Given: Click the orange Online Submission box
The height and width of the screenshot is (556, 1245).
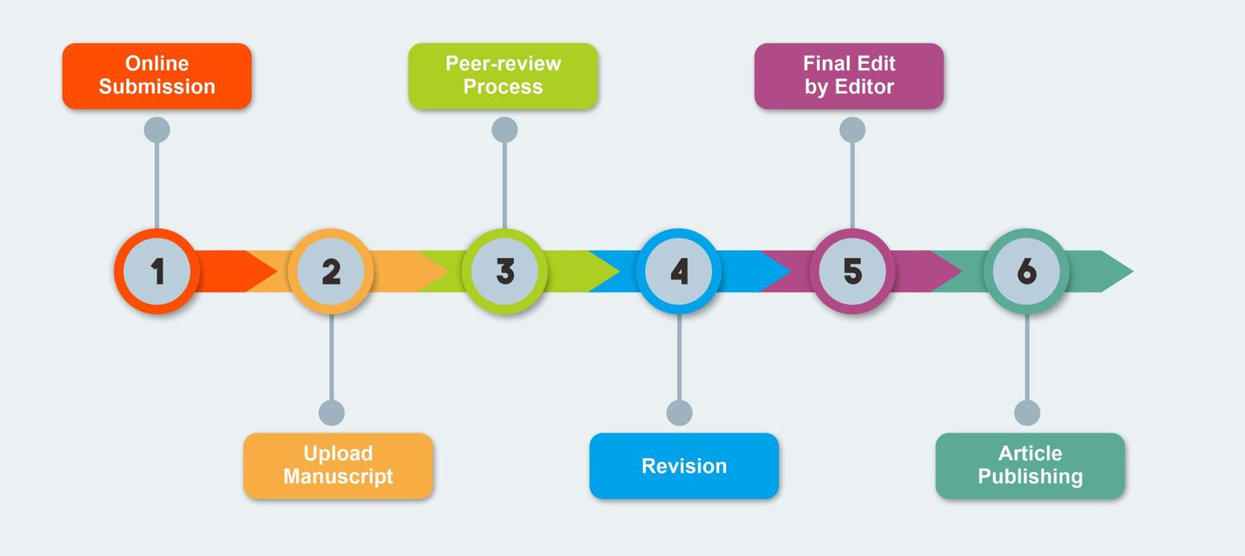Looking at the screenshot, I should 156,75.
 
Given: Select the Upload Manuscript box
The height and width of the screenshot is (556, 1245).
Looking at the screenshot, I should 338,465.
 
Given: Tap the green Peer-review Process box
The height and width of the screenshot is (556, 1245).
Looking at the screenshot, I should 503,75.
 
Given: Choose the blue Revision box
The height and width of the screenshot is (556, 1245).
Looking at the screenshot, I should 683,465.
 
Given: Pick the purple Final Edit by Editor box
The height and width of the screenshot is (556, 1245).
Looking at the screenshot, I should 849,75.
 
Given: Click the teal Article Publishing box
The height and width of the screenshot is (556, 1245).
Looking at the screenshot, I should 1029,465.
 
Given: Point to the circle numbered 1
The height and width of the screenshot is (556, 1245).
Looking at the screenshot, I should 157,271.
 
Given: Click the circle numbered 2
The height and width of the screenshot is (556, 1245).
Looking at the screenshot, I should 331,271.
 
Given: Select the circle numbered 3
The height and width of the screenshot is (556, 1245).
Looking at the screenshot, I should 505,271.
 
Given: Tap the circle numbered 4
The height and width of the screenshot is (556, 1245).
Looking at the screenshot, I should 679,271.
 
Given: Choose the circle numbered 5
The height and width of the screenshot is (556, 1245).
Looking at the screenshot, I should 853,271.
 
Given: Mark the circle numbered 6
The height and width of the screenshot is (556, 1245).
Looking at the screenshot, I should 1026,271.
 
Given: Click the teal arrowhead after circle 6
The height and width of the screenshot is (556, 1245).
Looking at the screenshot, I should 1113,271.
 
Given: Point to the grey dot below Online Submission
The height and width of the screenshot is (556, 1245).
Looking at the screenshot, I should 157,130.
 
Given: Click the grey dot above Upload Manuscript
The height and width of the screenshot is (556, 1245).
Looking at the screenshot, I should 331,413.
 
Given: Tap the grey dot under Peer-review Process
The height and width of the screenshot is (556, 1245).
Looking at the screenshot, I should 505,130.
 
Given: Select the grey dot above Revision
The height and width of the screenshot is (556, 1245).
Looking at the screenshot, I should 679,413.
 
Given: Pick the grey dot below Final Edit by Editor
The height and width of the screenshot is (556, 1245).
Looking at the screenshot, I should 853,130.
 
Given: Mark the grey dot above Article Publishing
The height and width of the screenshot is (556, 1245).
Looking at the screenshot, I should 1027,413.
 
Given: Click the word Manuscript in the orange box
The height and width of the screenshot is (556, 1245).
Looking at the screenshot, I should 338,477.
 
